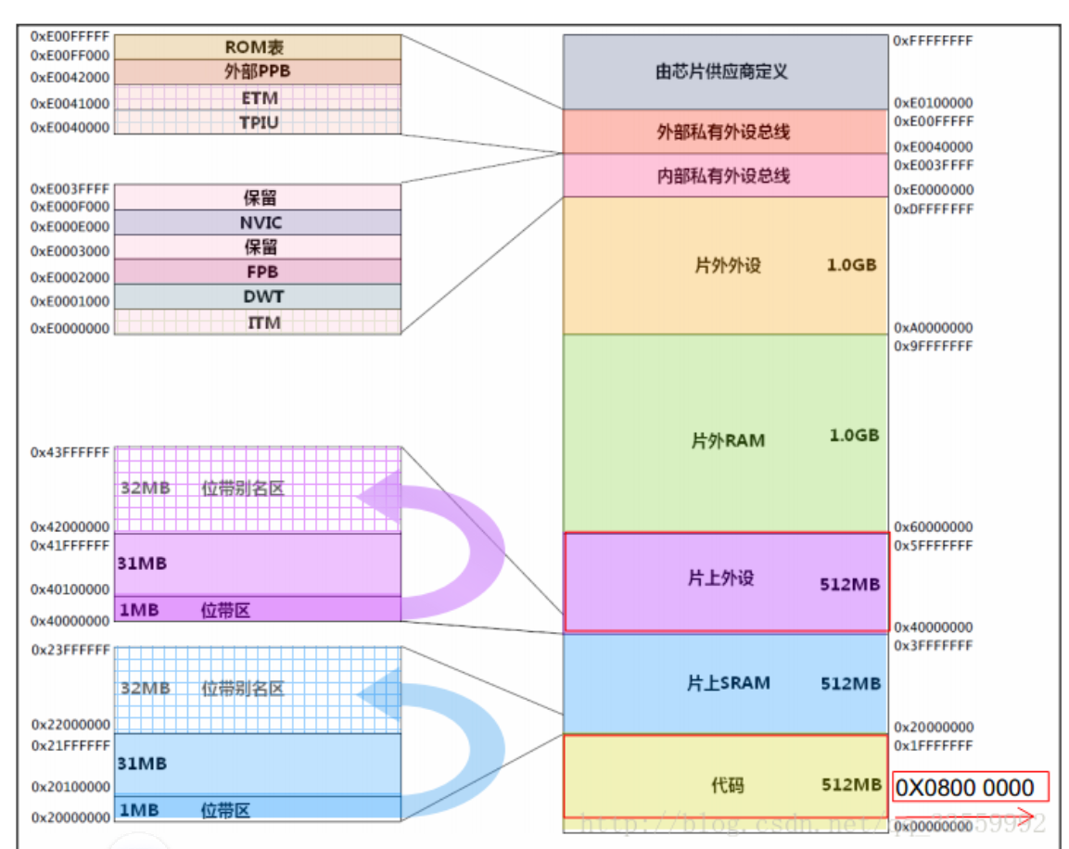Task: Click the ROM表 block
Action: (259, 46)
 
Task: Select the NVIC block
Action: (259, 222)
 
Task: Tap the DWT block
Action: (259, 297)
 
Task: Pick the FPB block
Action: (259, 272)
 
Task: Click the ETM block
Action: (259, 97)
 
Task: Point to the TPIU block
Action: (259, 121)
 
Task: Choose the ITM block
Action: (259, 323)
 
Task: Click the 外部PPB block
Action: (259, 72)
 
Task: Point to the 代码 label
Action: (727, 785)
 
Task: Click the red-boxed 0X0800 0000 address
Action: (969, 788)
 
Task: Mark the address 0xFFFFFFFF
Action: (933, 42)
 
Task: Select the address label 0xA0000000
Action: (933, 327)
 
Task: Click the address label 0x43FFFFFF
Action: (70, 452)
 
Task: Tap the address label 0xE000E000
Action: (70, 226)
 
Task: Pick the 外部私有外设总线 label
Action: (723, 132)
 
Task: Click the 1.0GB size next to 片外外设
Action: (851, 264)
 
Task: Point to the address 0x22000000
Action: (70, 725)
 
